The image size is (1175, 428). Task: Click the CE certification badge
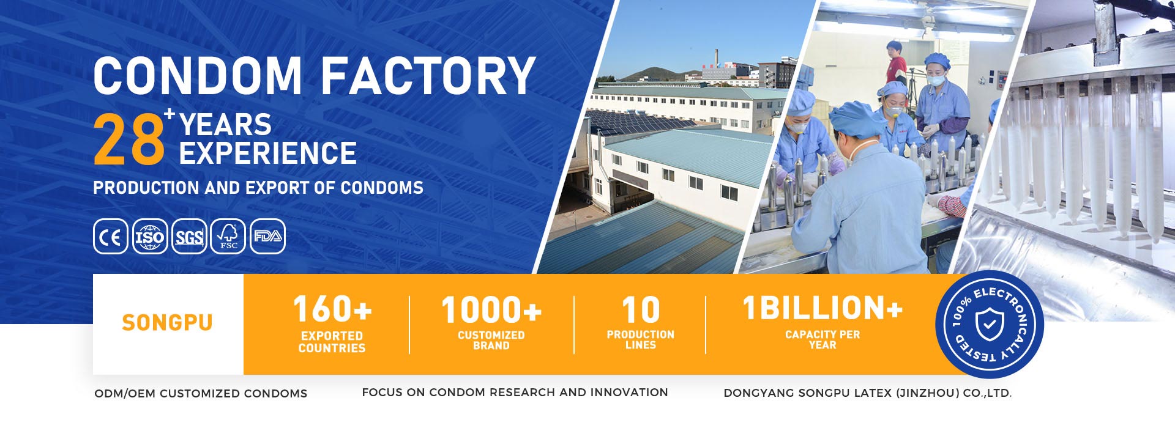click(x=111, y=237)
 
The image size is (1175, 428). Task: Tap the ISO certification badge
click(x=150, y=237)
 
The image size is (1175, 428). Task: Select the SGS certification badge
click(x=189, y=237)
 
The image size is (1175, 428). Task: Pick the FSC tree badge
click(x=228, y=237)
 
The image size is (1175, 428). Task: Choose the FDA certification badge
click(x=267, y=237)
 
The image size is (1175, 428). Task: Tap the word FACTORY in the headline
click(x=428, y=76)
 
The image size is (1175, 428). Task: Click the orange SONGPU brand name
click(x=167, y=323)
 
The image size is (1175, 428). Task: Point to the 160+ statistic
click(x=332, y=309)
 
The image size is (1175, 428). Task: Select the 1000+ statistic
click(x=491, y=309)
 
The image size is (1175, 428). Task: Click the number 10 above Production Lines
click(x=641, y=310)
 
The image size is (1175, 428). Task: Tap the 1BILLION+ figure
click(x=822, y=308)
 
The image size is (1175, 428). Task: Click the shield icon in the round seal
click(x=990, y=324)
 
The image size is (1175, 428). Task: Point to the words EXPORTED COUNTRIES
click(x=332, y=342)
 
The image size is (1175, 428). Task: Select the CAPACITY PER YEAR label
click(x=822, y=340)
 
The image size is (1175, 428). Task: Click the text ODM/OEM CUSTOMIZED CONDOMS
click(x=201, y=394)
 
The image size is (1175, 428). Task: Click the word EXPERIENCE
click(x=267, y=153)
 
